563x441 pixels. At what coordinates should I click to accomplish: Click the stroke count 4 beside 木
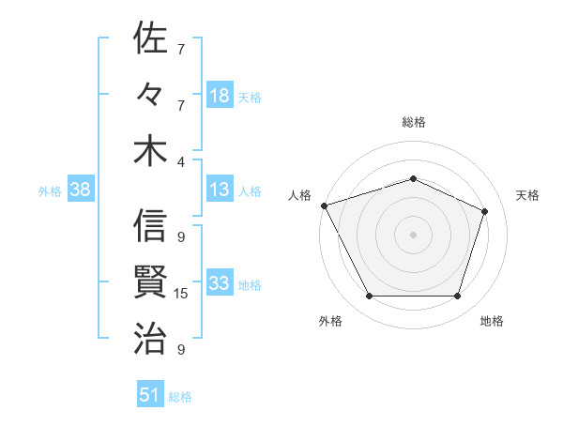tap(181, 161)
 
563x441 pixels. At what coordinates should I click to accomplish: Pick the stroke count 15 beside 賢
tap(181, 294)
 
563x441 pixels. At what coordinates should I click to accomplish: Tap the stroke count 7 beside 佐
tap(181, 49)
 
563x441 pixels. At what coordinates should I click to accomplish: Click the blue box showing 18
tap(220, 96)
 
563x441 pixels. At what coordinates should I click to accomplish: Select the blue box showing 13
tap(220, 190)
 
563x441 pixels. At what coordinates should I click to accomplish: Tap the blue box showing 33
tap(220, 284)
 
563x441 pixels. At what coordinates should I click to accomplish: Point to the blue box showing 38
tap(80, 190)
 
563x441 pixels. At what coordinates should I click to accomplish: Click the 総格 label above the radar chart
tap(413, 122)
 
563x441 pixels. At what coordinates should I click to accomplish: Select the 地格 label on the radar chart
tap(492, 321)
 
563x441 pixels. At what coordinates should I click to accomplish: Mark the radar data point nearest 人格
tap(324, 205)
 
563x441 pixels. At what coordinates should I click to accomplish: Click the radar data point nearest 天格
tap(485, 211)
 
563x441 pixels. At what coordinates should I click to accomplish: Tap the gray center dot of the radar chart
tap(413, 235)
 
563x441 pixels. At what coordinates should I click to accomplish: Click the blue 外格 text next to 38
tap(50, 191)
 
